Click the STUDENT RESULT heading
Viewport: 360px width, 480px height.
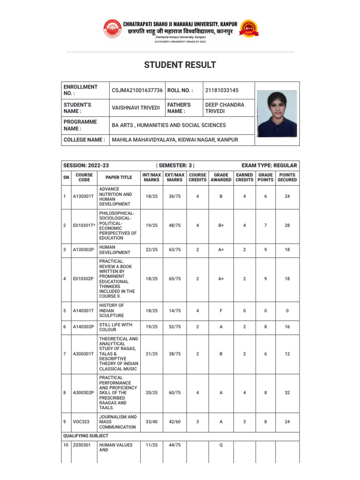point(180,65)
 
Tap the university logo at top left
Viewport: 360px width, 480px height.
point(112,29)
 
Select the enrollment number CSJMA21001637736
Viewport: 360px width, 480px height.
point(137,90)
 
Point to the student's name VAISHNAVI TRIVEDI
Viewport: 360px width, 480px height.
point(136,108)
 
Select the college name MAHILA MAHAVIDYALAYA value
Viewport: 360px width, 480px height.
point(175,140)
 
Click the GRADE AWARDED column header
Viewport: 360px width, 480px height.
point(221,177)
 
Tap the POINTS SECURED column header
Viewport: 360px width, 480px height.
point(287,177)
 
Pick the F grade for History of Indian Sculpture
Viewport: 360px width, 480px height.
point(221,310)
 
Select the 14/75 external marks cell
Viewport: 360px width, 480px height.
point(174,310)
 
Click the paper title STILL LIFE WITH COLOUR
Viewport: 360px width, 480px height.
point(116,327)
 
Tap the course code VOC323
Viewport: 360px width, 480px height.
point(81,422)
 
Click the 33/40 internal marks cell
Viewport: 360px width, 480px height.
point(151,422)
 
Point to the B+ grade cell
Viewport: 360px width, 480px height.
point(221,225)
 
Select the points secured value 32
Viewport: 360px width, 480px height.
point(287,393)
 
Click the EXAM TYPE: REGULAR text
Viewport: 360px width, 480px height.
point(269,165)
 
